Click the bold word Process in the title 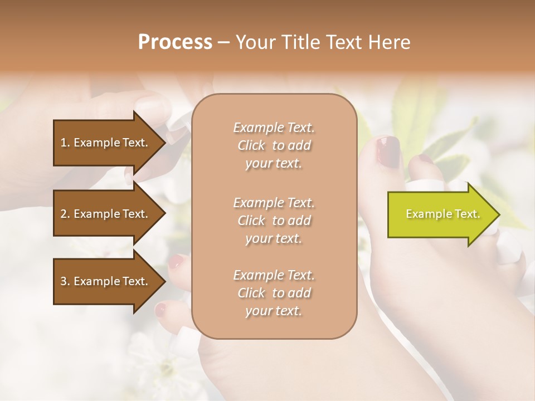coord(175,42)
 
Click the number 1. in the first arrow coord(65,143)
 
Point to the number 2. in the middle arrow coord(65,214)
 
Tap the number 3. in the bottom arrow coord(65,281)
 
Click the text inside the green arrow coord(442,214)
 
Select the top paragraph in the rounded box coord(274,145)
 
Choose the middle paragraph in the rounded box coord(274,221)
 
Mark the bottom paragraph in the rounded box coord(274,293)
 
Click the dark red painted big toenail coord(388,151)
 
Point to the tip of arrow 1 coord(164,143)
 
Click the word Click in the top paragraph coord(251,145)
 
